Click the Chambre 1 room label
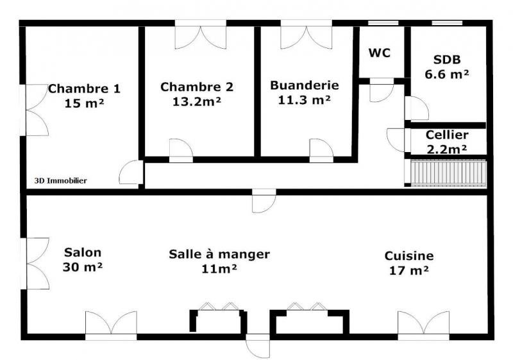point(84,89)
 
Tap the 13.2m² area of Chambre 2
point(197,101)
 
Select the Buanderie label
point(304,85)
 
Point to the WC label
point(380,53)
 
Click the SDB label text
point(447,60)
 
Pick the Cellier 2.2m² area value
point(447,150)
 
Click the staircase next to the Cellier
point(448,173)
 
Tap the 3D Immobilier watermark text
point(60,181)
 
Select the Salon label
point(83,252)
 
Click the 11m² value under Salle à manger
point(219,269)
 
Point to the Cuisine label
point(409,255)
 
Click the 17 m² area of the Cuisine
point(409,270)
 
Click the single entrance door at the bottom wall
point(258,346)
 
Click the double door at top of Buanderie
point(307,35)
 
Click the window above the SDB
point(447,23)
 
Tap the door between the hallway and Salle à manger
point(264,201)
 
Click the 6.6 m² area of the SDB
point(447,74)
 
